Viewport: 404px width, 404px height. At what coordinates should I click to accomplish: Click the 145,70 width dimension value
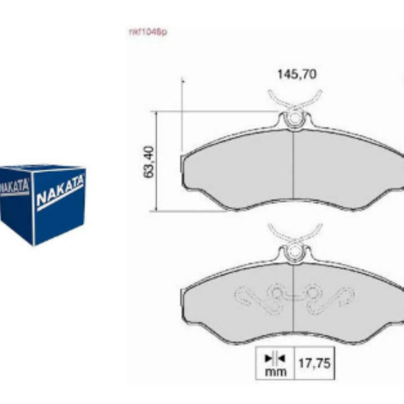pos(297,74)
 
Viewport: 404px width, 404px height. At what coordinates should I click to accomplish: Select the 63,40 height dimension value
pos(149,161)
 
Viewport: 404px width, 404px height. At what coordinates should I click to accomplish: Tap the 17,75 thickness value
pos(314,363)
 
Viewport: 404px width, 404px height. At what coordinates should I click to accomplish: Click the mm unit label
pos(275,372)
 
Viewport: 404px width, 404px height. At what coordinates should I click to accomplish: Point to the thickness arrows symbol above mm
pos(275,358)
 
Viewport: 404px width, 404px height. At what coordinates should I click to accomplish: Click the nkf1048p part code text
pos(148,32)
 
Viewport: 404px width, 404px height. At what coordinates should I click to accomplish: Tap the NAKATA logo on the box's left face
pos(15,187)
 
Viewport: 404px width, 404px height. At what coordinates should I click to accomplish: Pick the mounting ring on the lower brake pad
pos(294,253)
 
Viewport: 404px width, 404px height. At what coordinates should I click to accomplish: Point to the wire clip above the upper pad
pos(295,100)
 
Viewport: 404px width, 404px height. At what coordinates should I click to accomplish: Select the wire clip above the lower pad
pos(295,233)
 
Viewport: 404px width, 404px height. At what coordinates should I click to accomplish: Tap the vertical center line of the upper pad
pos(293,166)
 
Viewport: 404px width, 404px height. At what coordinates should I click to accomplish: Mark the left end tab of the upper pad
pos(182,164)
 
